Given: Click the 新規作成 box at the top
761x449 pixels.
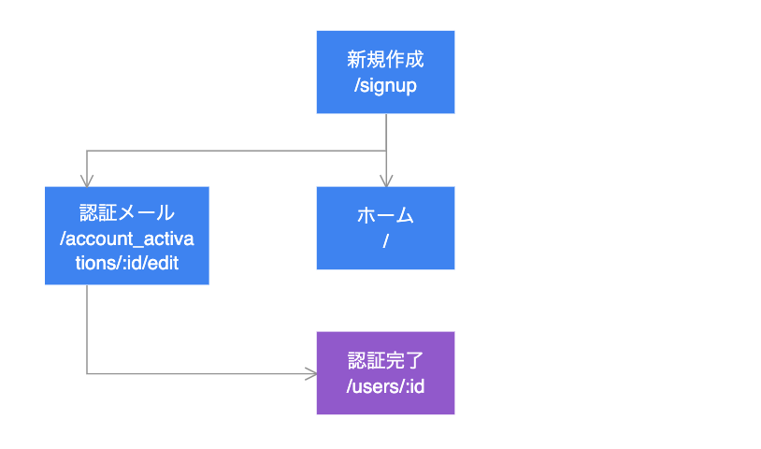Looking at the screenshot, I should (385, 72).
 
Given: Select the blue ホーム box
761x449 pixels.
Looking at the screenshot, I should (385, 228).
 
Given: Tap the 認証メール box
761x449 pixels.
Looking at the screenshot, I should (126, 236).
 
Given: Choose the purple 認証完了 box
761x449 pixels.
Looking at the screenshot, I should (385, 373).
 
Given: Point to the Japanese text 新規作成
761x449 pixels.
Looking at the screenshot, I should (385, 60).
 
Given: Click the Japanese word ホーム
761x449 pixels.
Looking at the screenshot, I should (385, 216).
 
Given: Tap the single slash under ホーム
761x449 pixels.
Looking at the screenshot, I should (385, 241).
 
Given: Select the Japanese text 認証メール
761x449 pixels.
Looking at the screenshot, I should (126, 211).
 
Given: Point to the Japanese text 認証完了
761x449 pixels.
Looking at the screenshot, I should (385, 360).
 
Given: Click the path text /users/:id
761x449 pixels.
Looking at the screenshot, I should (385, 385).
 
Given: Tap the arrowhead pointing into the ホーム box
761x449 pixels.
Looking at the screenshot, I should (386, 181).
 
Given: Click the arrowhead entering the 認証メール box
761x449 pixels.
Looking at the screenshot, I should (87, 181).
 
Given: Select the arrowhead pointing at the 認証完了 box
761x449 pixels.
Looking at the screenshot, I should (311, 374).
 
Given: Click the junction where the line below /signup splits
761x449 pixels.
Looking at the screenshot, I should (386, 151).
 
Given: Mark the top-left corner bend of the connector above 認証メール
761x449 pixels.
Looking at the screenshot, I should (87, 151).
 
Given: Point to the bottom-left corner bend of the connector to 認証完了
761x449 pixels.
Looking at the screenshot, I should (87, 374).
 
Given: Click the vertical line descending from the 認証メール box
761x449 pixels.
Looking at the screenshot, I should (87, 327).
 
